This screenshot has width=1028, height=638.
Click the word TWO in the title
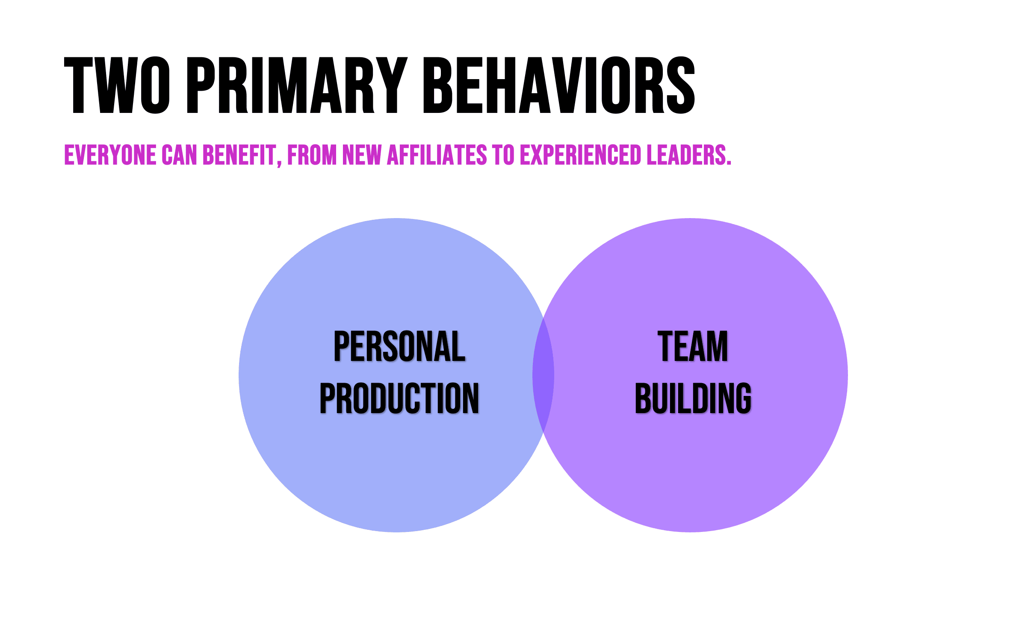(117, 85)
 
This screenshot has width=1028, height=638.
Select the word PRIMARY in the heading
(297, 85)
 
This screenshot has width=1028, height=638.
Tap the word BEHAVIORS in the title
(559, 85)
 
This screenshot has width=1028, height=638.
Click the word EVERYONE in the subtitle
(110, 155)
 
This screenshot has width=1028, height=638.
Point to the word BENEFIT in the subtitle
(239, 155)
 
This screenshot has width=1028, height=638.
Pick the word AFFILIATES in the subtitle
(437, 155)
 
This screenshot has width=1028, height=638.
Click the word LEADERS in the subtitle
(686, 155)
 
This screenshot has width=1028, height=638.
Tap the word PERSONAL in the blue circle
(399, 346)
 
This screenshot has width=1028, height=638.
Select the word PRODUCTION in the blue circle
(399, 398)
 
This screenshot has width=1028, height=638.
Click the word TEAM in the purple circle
(693, 346)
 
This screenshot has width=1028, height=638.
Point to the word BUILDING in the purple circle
(693, 398)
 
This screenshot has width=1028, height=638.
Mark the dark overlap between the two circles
(543, 375)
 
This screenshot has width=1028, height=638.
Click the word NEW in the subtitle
(362, 155)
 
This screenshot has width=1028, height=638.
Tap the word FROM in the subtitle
(312, 155)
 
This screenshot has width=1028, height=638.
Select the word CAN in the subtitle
(179, 155)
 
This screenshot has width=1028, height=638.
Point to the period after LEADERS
(729, 163)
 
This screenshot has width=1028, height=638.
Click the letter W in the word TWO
(117, 85)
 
